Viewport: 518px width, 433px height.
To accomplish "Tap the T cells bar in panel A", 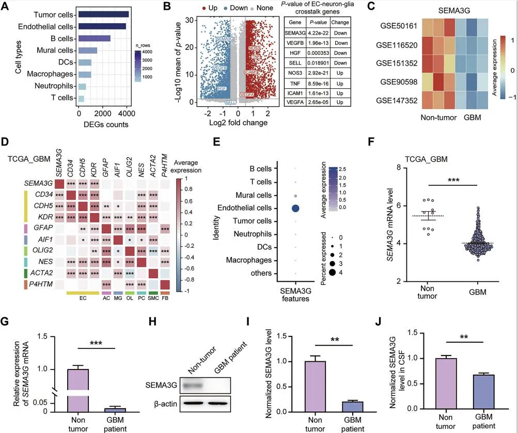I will (x=81, y=99).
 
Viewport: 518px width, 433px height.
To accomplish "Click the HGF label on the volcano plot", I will (x=221, y=89).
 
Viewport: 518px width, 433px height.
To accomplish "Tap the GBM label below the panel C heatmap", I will (x=472, y=118).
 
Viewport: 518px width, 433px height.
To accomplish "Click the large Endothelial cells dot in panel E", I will (x=296, y=209).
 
